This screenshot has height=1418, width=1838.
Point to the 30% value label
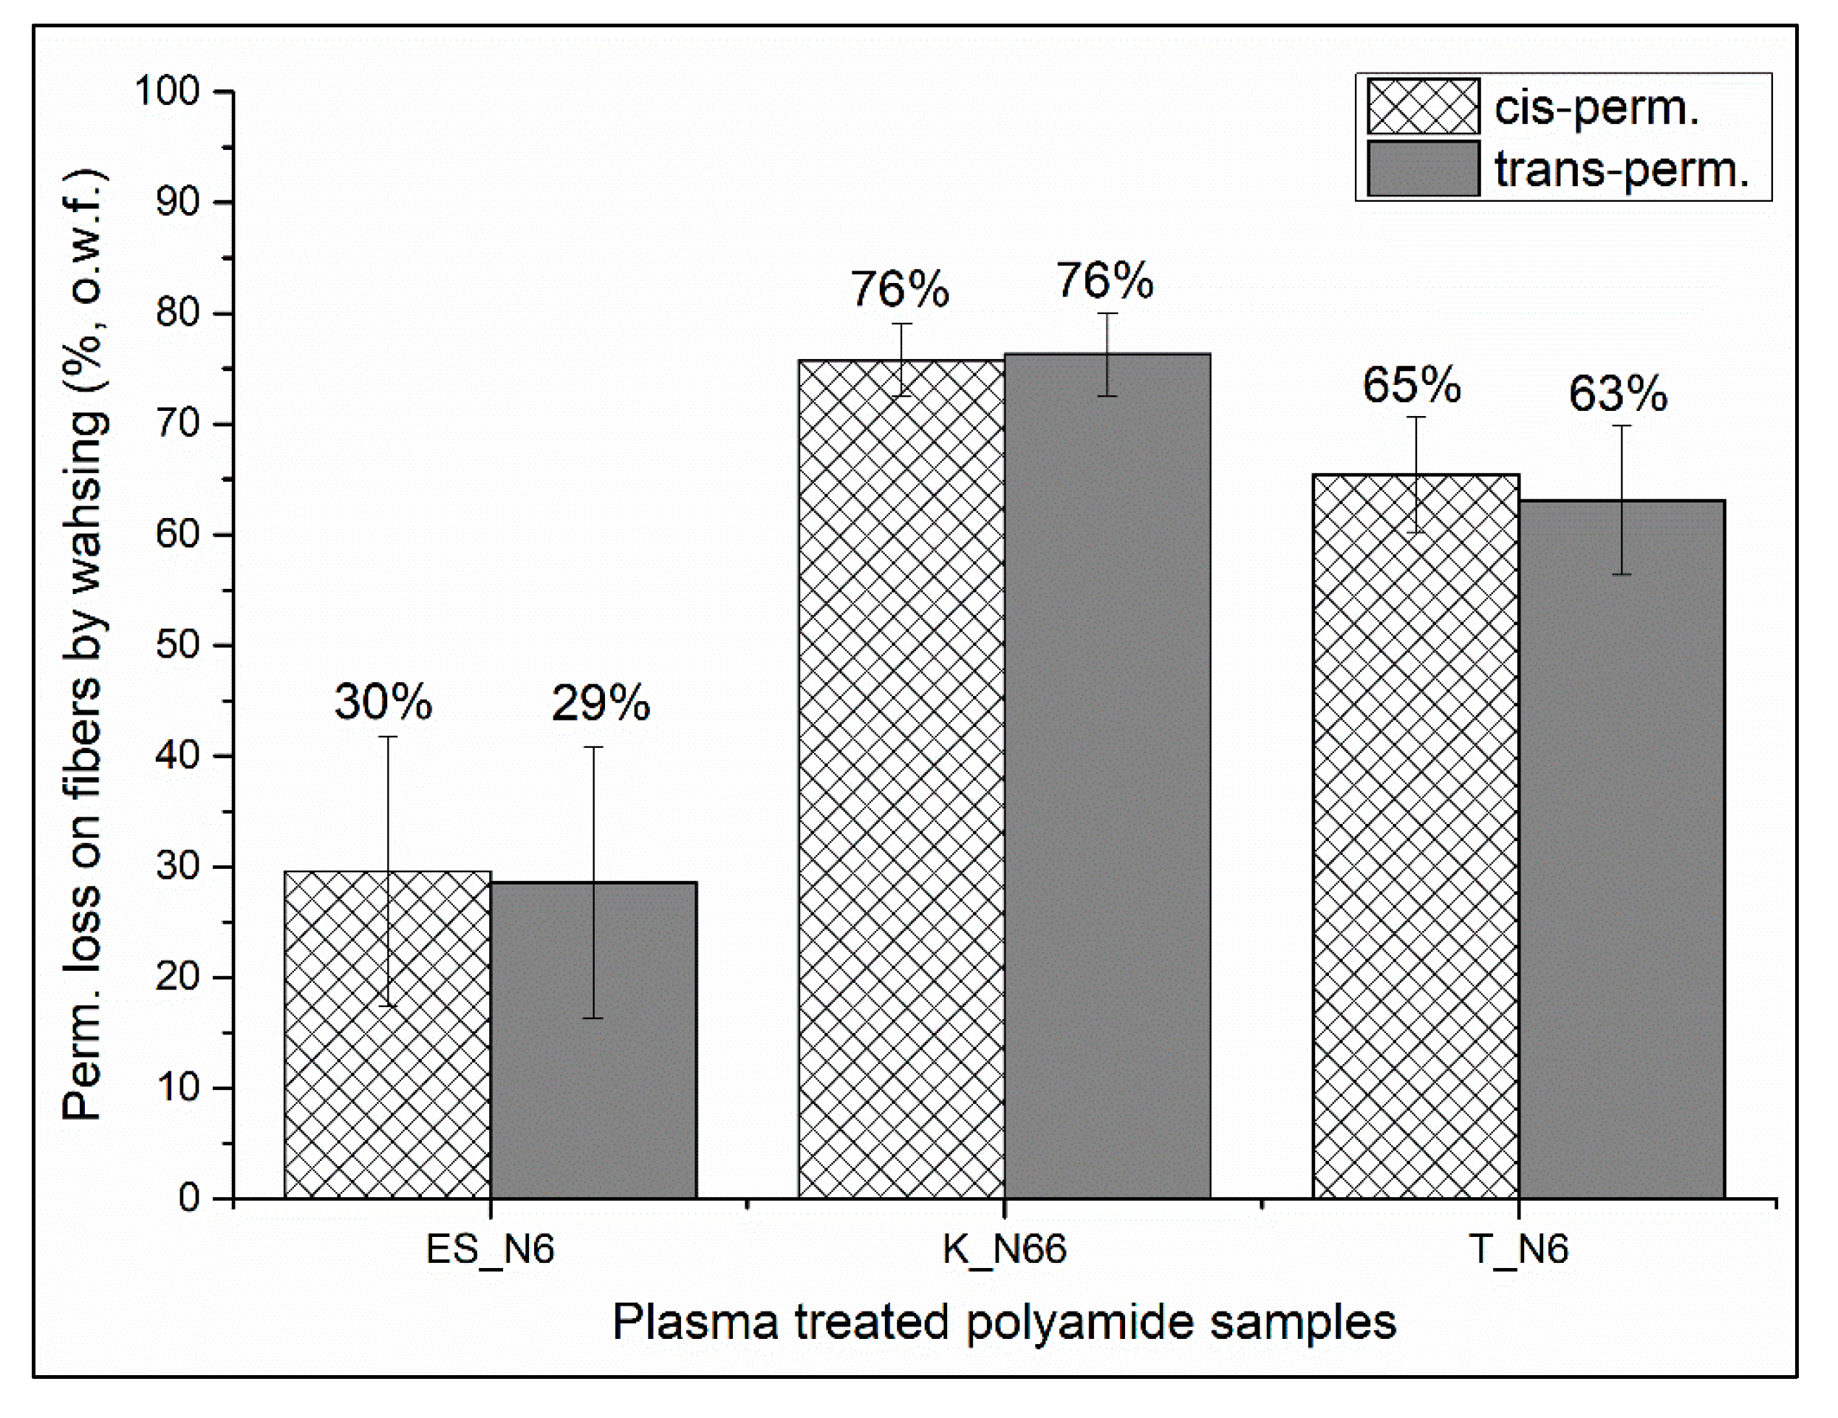383,701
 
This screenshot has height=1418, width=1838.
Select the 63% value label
1618,394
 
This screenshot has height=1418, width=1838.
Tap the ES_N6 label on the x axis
490,1249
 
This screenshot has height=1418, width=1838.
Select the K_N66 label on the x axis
1004,1249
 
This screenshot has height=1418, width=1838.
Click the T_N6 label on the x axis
1518,1249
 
